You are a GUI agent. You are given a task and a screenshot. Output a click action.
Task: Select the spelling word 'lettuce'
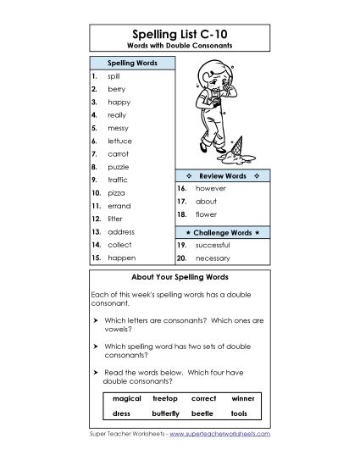tap(119, 141)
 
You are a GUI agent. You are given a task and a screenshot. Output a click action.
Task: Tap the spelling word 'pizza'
tap(116, 193)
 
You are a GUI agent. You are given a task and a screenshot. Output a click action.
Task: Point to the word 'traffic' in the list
tap(118, 180)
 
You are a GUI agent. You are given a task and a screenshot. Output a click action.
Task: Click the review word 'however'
tap(211, 187)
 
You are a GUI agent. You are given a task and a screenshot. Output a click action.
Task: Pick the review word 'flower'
tap(206, 215)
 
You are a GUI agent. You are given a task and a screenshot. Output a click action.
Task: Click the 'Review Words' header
tap(222, 175)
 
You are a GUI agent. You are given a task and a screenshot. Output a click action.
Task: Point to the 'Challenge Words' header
tap(222, 231)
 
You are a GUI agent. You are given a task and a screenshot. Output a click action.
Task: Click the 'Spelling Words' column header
tap(130, 64)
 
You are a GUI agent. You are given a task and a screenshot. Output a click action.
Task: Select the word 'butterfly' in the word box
tap(165, 413)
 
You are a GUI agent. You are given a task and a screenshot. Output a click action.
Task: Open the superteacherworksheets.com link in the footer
tap(219, 433)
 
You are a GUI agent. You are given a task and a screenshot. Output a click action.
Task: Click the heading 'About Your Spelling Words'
tap(180, 277)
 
